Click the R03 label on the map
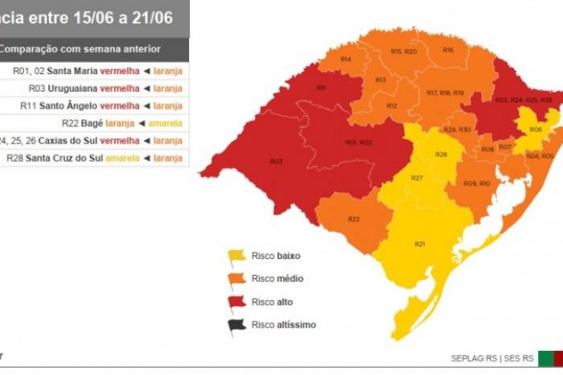point(276,162)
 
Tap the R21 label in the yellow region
point(420,244)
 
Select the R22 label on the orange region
point(354,220)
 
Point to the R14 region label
point(345,60)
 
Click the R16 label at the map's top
point(448,50)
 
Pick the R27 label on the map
point(417,178)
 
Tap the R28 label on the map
point(441,154)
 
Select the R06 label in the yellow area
point(535,129)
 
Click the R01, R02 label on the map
point(359,142)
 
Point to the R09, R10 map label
point(477,183)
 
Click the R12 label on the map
point(392,105)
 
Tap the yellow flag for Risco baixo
point(237,256)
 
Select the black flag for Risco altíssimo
point(237,325)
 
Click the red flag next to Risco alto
point(237,302)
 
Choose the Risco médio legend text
point(277,278)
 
